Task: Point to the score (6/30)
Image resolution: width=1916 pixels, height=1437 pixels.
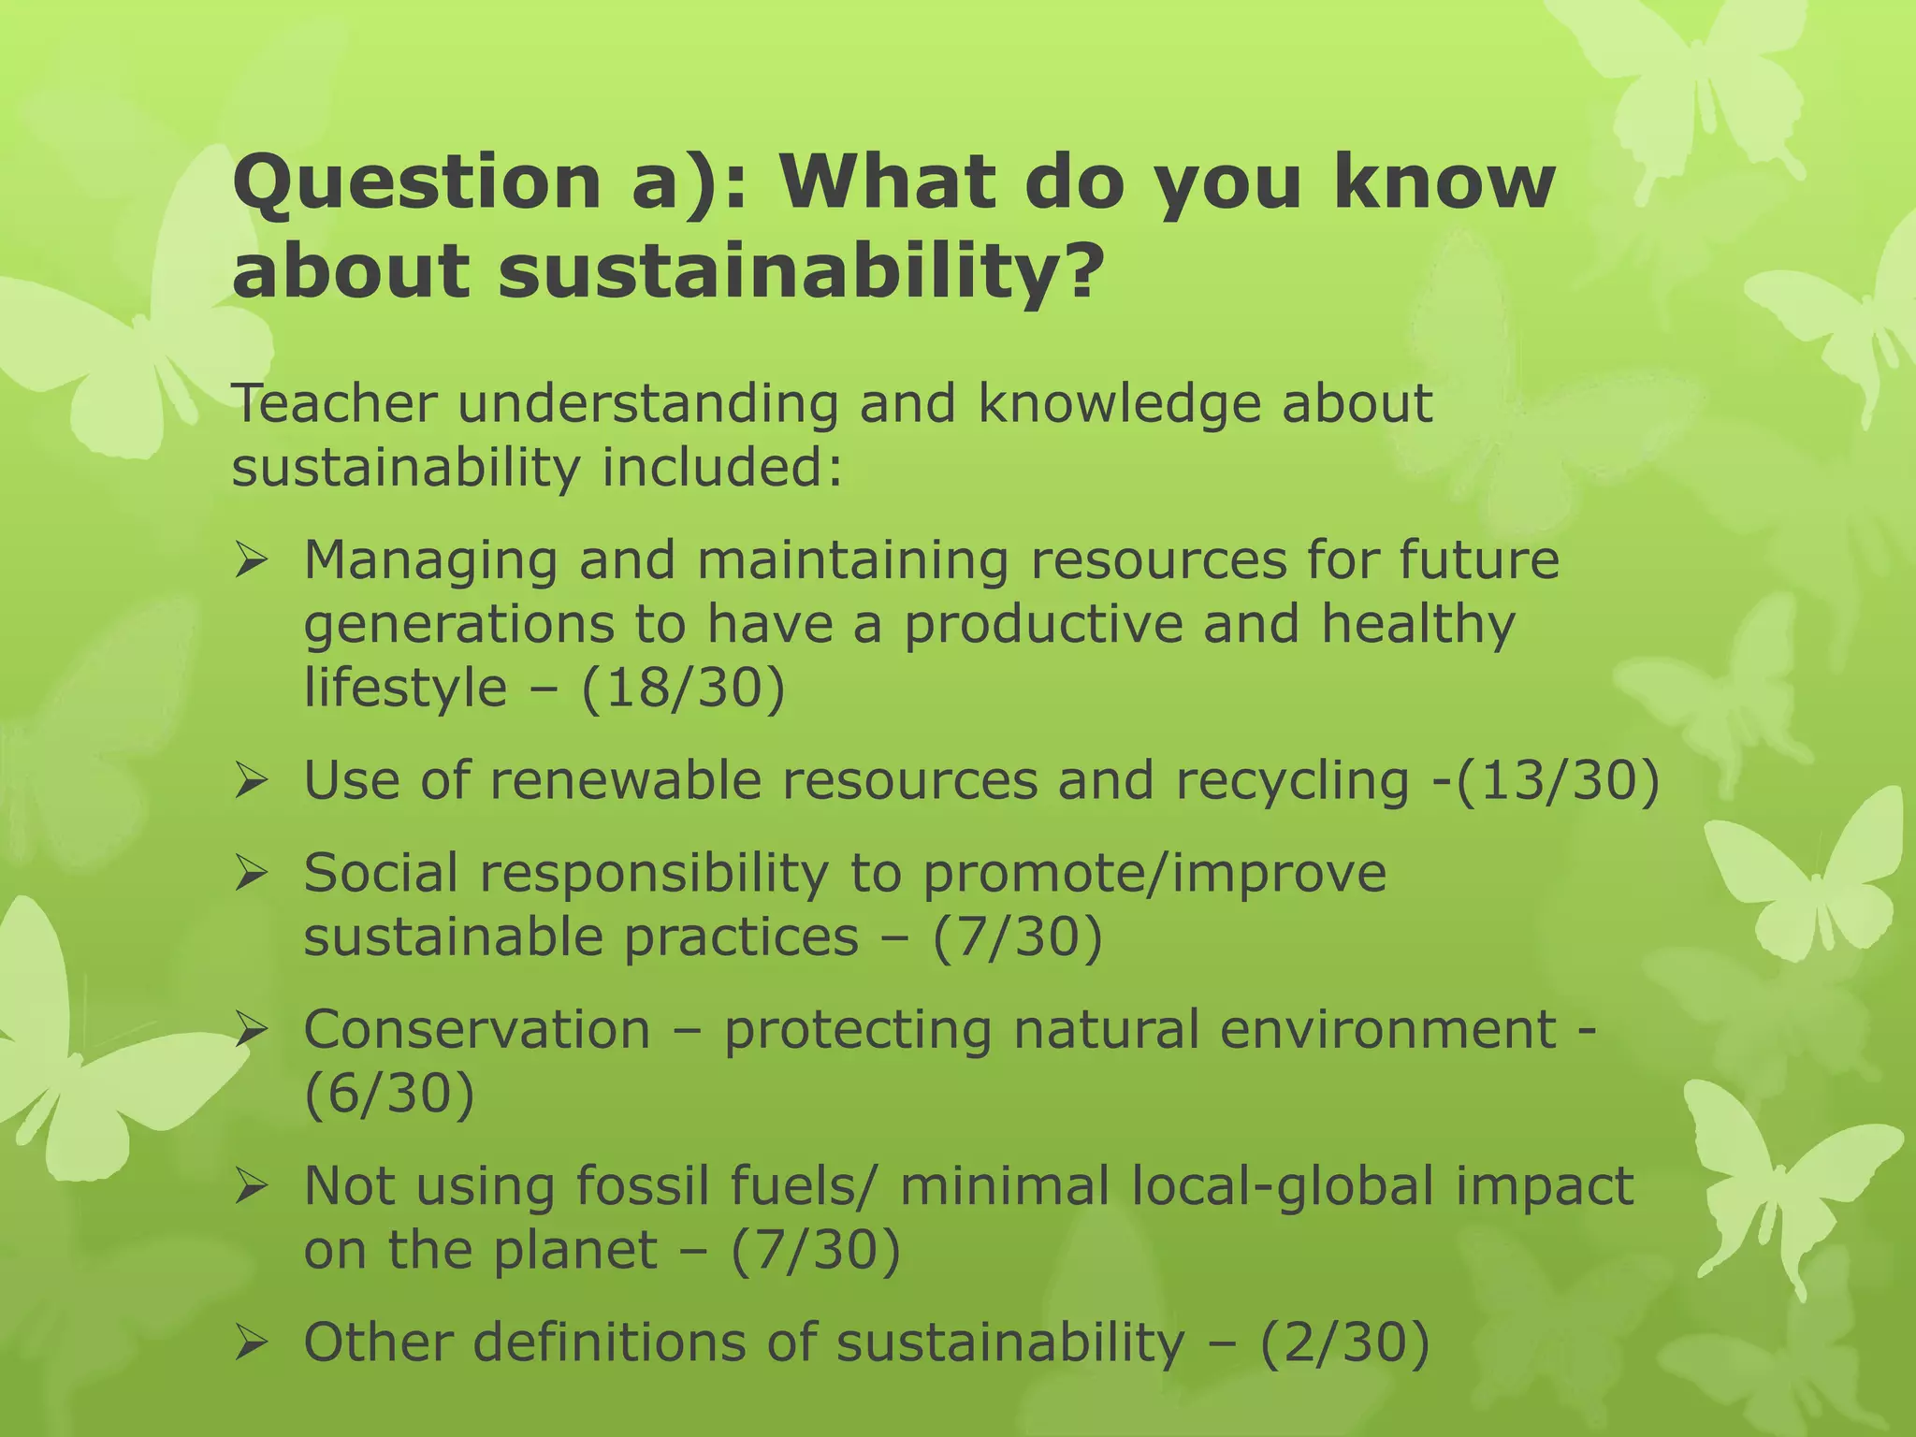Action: pos(389,1094)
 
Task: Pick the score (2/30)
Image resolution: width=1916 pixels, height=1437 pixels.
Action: pos(1344,1342)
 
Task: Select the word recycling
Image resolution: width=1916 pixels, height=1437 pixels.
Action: pos(1292,781)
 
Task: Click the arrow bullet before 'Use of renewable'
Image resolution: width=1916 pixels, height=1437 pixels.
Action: pos(252,780)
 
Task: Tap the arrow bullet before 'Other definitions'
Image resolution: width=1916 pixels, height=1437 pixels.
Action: pos(252,1343)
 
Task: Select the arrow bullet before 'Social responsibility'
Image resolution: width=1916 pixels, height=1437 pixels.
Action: pos(252,874)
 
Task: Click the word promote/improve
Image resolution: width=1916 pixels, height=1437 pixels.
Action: pos(1154,874)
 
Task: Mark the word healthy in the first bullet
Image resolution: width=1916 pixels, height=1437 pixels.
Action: pos(1417,625)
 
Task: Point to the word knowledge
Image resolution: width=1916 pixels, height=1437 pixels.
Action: pos(1119,403)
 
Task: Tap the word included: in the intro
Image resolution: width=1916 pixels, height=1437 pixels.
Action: pos(721,467)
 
